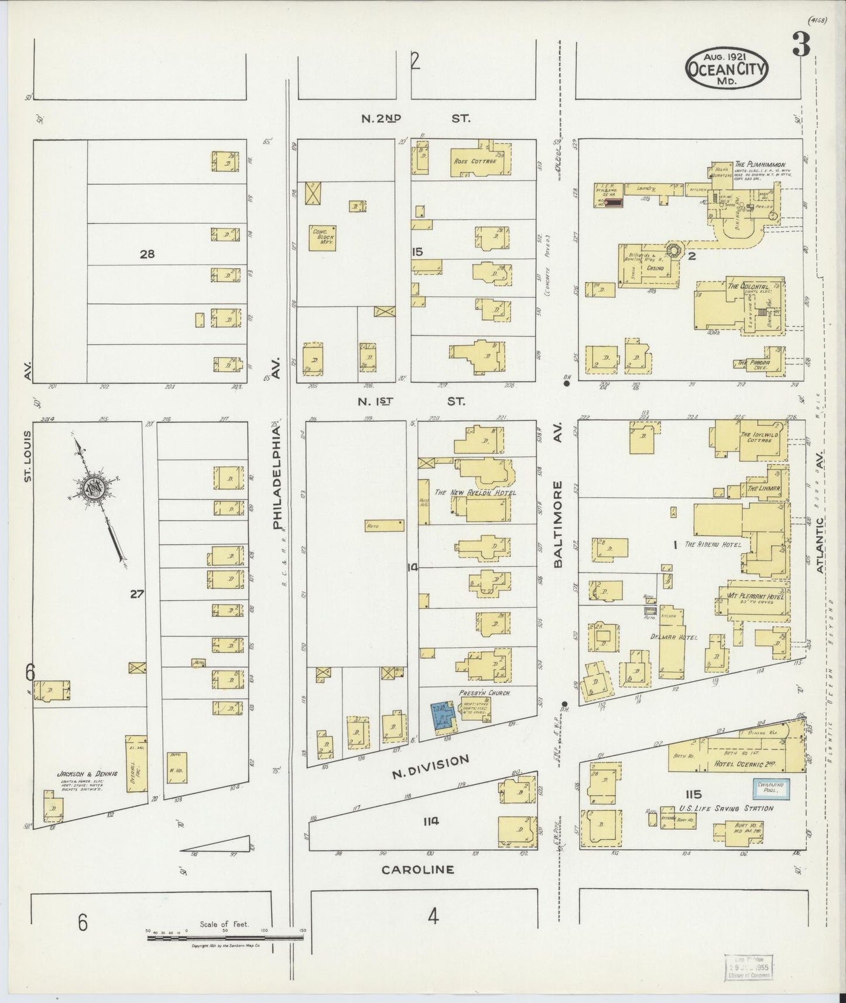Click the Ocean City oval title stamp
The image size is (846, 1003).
tap(727, 68)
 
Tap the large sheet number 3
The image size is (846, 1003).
tap(801, 45)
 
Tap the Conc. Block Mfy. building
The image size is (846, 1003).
tap(323, 239)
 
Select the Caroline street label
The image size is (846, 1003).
tap(417, 870)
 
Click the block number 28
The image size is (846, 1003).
tap(147, 254)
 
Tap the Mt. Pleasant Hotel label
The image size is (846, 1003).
tap(755, 597)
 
